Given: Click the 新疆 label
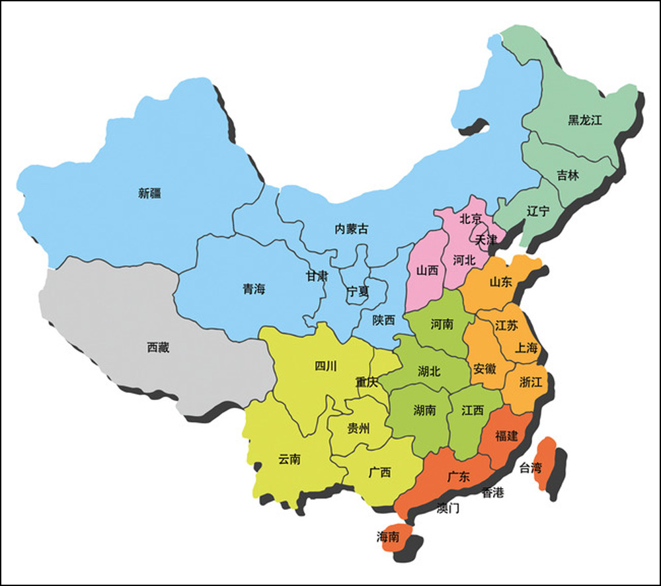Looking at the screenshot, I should pyautogui.click(x=150, y=193).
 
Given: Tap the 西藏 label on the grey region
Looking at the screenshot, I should pyautogui.click(x=158, y=347).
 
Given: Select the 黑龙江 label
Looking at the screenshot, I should pyautogui.click(x=585, y=120).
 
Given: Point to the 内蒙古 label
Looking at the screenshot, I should pyautogui.click(x=352, y=229).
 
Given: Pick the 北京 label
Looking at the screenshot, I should pyautogui.click(x=470, y=217).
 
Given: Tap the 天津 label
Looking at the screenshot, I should pyautogui.click(x=486, y=239).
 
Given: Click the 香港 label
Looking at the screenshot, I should pyautogui.click(x=492, y=492).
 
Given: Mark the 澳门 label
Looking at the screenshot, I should pyautogui.click(x=448, y=508).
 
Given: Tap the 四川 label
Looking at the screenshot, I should pyautogui.click(x=325, y=366).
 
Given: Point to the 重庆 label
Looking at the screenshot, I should pyautogui.click(x=366, y=382).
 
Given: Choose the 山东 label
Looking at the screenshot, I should pyautogui.click(x=500, y=281).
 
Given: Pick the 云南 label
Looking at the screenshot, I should pyautogui.click(x=290, y=459).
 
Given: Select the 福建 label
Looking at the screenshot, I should pyautogui.click(x=506, y=436).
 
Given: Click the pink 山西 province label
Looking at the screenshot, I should pyautogui.click(x=427, y=270).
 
